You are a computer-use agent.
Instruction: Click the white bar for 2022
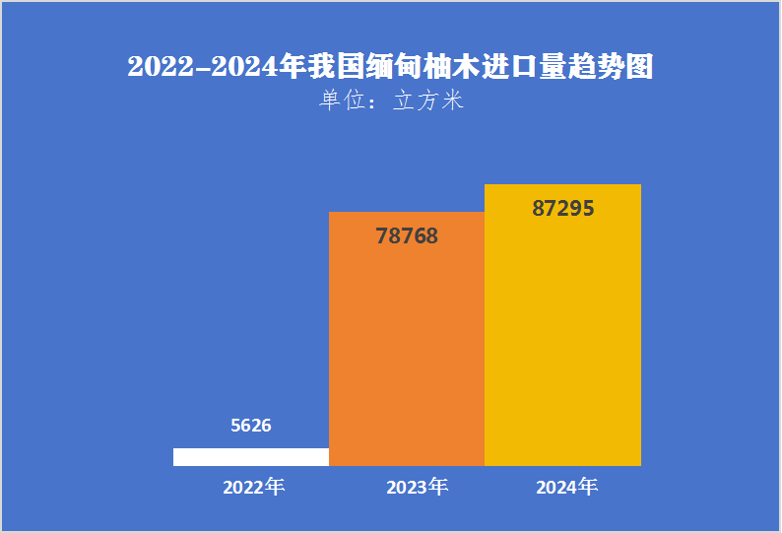(250, 456)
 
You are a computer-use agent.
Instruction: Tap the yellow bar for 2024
(562, 325)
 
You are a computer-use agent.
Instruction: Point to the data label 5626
(250, 426)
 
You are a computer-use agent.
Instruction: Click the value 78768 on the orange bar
(407, 236)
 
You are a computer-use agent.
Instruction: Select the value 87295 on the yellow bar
(562, 209)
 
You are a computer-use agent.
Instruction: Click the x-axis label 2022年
(253, 487)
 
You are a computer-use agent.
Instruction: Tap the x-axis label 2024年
(566, 487)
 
